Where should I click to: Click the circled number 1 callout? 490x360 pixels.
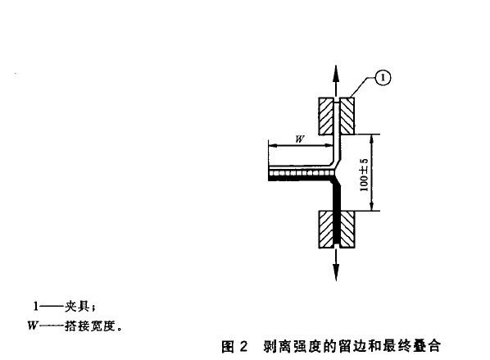tap(383, 78)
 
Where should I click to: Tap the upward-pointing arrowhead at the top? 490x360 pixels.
tap(336, 74)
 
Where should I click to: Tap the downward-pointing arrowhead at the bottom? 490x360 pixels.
tap(336, 272)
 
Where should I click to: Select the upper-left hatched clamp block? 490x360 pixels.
tap(326, 116)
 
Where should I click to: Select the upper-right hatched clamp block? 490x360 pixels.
tap(347, 116)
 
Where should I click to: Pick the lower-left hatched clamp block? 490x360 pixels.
tap(326, 230)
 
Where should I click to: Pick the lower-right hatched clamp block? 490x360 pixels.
tap(347, 230)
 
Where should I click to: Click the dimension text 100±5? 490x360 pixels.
tap(364, 175)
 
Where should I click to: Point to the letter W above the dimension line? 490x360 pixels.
tap(300, 139)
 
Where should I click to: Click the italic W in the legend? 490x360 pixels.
tap(33, 326)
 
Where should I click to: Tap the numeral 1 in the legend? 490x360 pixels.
tap(36, 307)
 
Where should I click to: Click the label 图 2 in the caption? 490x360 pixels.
tap(234, 347)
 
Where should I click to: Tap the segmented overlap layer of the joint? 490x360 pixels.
tap(300, 173)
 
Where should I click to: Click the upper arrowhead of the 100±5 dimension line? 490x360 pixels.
tap(371, 139)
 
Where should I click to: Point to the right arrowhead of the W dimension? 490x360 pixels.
tap(328, 145)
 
